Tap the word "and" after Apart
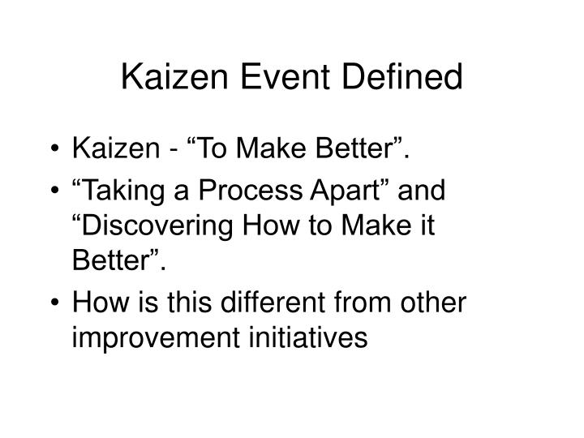click(x=425, y=192)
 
